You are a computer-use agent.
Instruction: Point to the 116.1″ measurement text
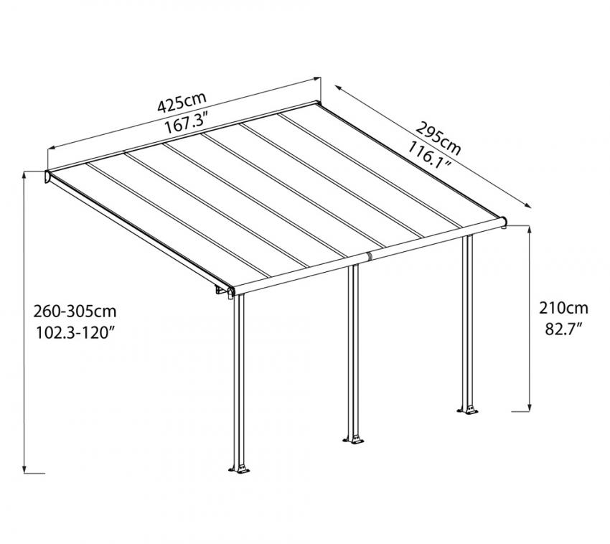click(x=429, y=154)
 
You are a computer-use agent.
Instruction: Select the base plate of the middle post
click(x=355, y=438)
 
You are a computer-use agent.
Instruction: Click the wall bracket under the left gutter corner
click(x=220, y=291)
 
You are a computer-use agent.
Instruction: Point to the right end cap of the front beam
click(x=505, y=222)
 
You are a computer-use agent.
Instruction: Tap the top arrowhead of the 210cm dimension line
click(x=530, y=230)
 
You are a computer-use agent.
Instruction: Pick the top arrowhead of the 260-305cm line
click(x=24, y=176)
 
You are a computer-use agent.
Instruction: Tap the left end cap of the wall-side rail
click(x=48, y=177)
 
